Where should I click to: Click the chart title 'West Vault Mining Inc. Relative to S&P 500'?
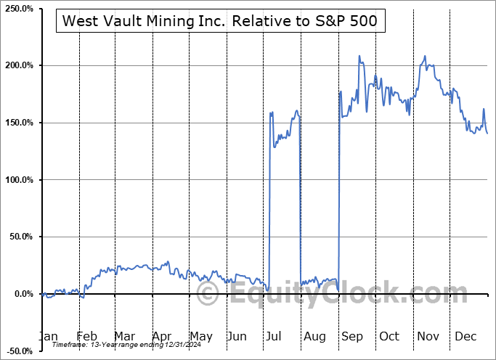tap(220, 21)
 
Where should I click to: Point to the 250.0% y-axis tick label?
tap(17, 9)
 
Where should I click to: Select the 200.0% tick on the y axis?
tap(17, 66)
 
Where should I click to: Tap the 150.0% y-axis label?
tap(17, 123)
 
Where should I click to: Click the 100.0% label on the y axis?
tap(17, 180)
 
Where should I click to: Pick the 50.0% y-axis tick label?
tap(20, 237)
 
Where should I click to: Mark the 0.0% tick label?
tap(22, 294)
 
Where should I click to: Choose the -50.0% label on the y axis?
tap(18, 351)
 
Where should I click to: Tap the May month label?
tap(201, 336)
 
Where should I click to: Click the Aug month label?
tap(314, 336)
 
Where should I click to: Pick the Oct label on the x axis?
tap(389, 336)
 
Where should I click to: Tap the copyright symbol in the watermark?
tap(208, 294)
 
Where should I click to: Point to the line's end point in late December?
tap(487, 134)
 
